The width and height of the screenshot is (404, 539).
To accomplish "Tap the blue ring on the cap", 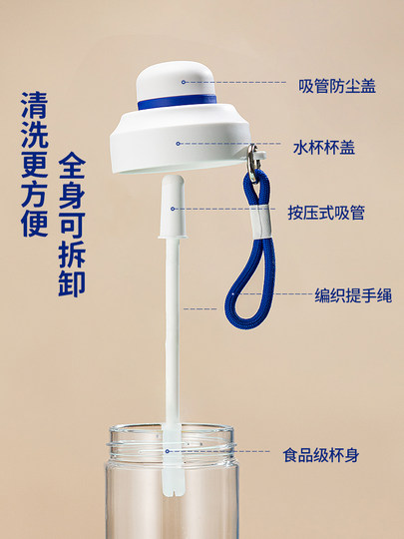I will [x=178, y=102].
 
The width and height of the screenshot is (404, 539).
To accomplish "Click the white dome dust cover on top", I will [x=178, y=78].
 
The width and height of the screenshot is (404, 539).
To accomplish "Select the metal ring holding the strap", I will [x=253, y=155].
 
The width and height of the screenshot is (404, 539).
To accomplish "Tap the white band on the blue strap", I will [x=258, y=222].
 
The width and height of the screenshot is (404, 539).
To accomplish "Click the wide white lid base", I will [x=178, y=145].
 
